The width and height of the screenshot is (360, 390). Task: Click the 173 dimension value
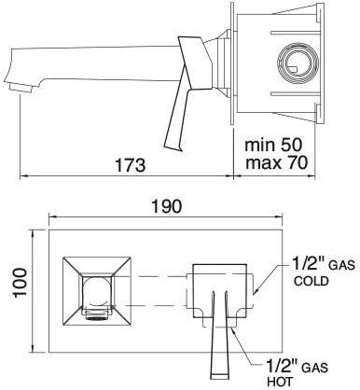point(130,165)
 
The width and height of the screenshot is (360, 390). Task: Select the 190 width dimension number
point(166,206)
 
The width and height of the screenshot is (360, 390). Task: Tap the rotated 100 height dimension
point(21,283)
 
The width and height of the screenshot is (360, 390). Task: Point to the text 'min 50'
point(273,145)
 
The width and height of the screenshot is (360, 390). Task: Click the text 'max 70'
point(276,162)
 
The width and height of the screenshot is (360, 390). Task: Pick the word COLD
point(312,281)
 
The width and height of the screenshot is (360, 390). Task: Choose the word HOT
point(279,382)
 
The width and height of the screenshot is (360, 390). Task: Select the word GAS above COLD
point(341,265)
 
